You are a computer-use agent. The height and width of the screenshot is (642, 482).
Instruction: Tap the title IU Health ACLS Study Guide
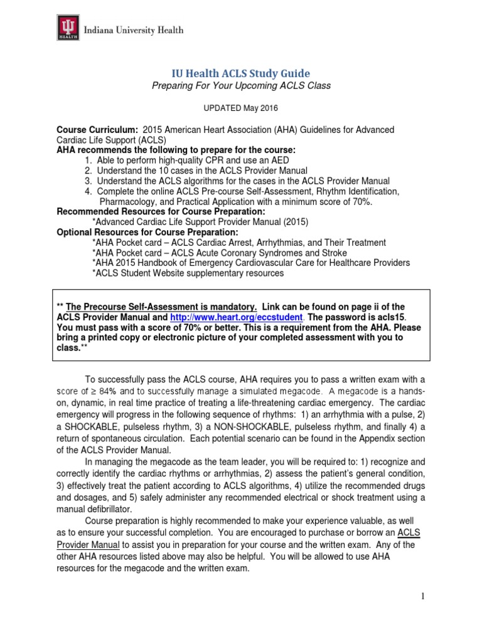(241, 73)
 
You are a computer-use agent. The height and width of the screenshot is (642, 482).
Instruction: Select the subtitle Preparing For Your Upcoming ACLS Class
(241, 86)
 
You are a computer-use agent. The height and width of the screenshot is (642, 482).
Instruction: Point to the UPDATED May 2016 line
(241, 108)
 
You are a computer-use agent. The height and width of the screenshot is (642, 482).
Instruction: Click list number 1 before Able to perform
(87, 160)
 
